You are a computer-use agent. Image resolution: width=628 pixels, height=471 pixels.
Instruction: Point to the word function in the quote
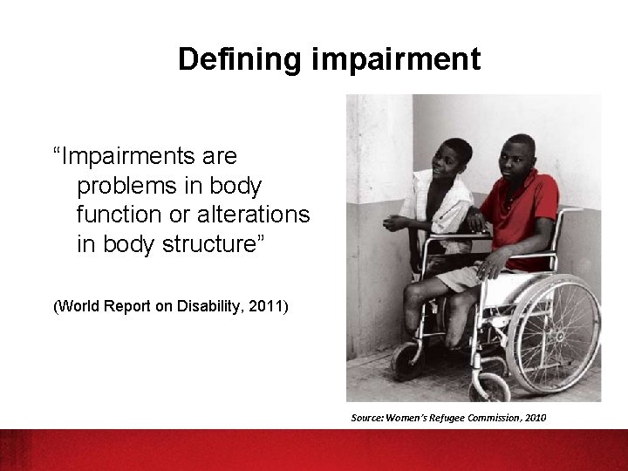(x=118, y=215)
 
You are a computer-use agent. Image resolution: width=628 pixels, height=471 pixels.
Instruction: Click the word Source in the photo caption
(x=367, y=419)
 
